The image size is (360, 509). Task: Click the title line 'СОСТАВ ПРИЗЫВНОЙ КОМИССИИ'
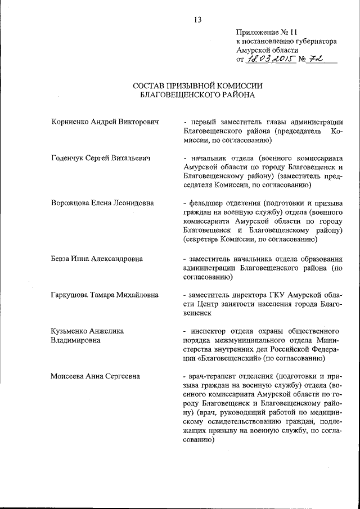point(197,85)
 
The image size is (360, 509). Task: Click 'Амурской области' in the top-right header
point(267,50)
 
